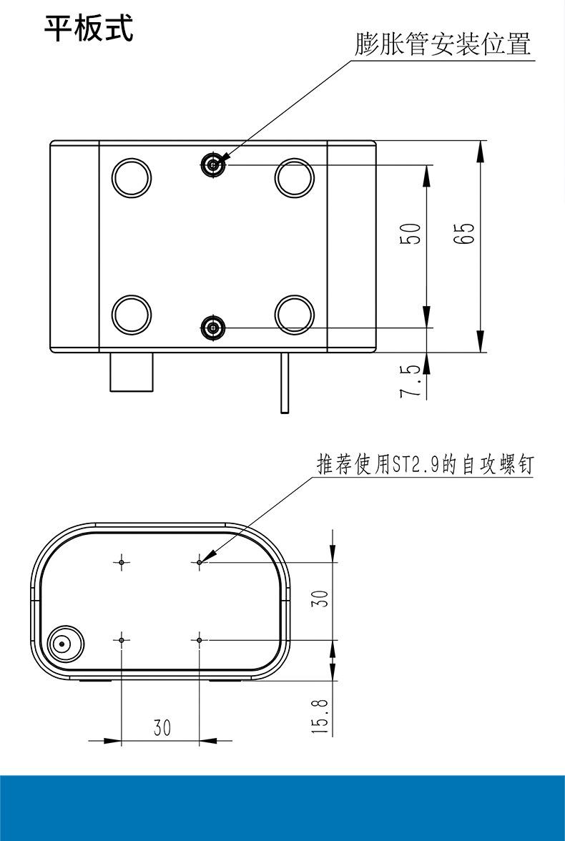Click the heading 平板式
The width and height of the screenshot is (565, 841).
click(x=89, y=29)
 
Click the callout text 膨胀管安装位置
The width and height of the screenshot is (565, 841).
click(x=443, y=44)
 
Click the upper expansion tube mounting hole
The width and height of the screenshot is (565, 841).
click(x=212, y=165)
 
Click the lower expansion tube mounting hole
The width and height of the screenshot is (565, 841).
click(x=212, y=328)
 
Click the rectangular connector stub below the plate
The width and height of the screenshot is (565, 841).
click(x=132, y=371)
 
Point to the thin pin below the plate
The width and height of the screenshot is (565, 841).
click(x=284, y=383)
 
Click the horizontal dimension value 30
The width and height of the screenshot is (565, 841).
click(x=162, y=727)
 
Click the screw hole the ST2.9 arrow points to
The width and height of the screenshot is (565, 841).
click(x=200, y=562)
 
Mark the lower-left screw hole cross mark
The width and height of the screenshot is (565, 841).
click(x=122, y=639)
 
